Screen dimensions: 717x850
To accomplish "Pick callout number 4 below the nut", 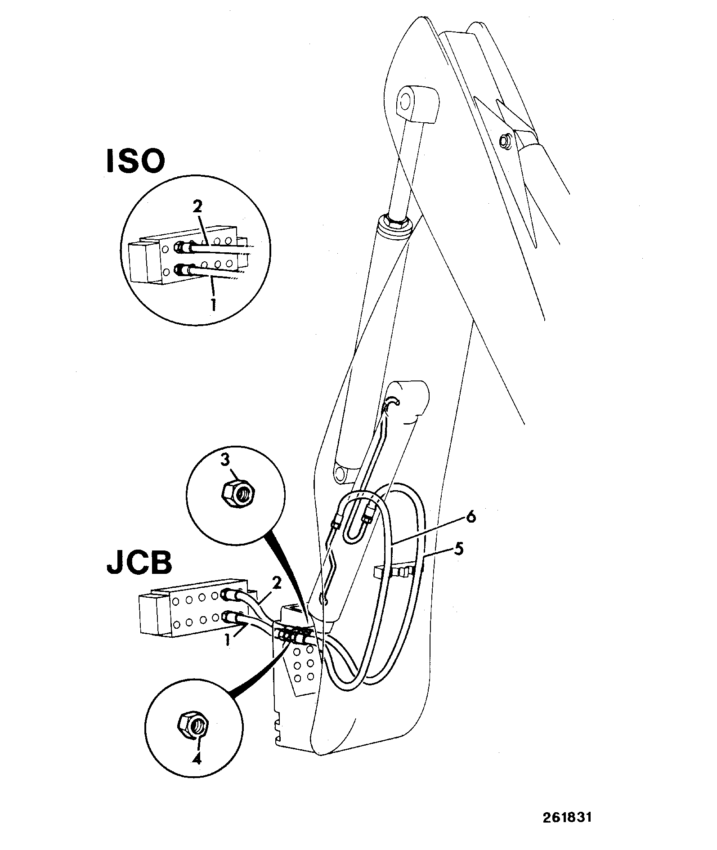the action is (x=197, y=758).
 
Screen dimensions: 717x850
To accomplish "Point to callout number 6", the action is (x=470, y=517).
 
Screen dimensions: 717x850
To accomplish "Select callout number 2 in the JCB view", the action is (x=276, y=584).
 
